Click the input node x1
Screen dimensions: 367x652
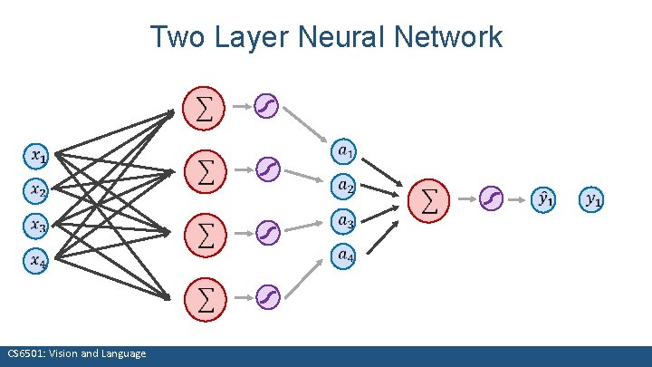[35, 156]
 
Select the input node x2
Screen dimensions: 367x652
[35, 191]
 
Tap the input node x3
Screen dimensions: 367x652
[35, 226]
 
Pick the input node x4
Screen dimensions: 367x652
[35, 261]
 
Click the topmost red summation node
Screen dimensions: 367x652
[206, 108]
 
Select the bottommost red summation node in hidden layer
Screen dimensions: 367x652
[206, 298]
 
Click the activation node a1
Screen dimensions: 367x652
[344, 149]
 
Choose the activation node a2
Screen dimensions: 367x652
[344, 186]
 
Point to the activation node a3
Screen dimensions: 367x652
[344, 219]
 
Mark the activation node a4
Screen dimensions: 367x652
[344, 256]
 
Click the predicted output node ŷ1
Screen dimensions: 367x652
[545, 198]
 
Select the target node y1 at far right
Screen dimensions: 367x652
[593, 198]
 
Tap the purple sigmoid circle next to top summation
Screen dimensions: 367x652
[268, 107]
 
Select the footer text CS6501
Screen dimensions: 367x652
[24, 353]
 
